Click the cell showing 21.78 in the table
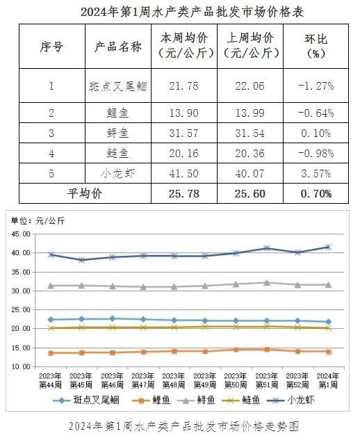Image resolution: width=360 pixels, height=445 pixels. (184, 86)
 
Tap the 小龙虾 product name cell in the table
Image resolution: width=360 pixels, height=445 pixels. (117, 173)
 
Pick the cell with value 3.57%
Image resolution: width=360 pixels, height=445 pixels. (316, 173)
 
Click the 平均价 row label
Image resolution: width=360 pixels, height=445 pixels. (85, 193)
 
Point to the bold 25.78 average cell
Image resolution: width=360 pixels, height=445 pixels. (184, 193)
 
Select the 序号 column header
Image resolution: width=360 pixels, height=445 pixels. (51, 47)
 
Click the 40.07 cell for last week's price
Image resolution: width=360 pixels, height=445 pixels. (250, 173)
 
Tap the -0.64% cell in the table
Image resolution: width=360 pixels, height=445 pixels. (316, 113)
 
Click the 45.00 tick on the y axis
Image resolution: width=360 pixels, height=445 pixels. (21, 234)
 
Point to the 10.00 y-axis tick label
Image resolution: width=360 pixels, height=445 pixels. (21, 366)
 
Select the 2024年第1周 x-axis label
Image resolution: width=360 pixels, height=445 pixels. (328, 380)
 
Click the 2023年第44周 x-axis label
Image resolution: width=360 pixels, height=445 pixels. (50, 380)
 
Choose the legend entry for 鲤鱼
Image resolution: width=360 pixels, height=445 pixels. (151, 400)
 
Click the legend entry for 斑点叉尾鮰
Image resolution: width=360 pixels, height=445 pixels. (85, 400)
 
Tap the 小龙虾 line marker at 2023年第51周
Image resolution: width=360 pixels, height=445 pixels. (267, 248)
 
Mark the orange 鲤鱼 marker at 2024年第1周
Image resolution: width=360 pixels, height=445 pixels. (329, 352)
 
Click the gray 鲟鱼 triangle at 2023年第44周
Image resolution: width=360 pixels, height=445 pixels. (51, 286)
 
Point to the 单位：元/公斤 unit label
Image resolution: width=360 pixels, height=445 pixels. (38, 221)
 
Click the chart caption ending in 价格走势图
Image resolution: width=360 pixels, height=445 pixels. (183, 426)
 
